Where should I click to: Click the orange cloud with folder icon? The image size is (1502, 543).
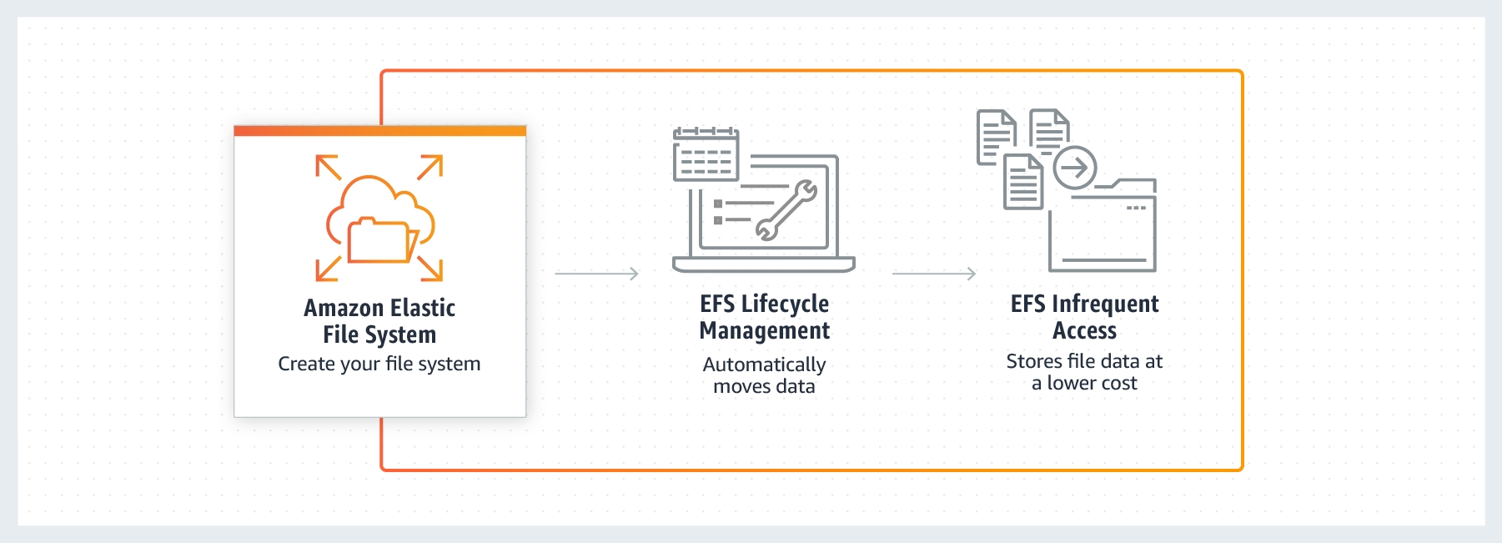click(x=380, y=219)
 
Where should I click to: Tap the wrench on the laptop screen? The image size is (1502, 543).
click(x=786, y=210)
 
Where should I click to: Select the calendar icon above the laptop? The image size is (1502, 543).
click(x=706, y=154)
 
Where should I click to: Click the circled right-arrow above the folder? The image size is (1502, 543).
click(x=1075, y=168)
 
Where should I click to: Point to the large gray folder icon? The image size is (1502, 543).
click(x=1103, y=225)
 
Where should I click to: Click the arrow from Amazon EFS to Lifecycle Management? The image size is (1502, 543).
click(x=596, y=274)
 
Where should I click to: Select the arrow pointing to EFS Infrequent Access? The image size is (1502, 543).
click(x=934, y=274)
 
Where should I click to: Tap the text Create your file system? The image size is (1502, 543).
click(x=379, y=364)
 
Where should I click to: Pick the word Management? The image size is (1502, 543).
click(x=765, y=331)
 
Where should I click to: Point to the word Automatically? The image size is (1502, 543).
click(x=764, y=365)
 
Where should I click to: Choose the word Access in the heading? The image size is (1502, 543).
click(x=1084, y=331)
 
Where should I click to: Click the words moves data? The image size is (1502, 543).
click(x=764, y=386)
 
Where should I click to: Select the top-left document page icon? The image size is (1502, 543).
click(x=996, y=137)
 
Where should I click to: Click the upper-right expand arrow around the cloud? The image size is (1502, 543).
click(x=430, y=167)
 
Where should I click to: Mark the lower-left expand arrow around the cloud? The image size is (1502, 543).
click(x=328, y=269)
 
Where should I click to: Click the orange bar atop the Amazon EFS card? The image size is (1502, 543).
click(x=380, y=131)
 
